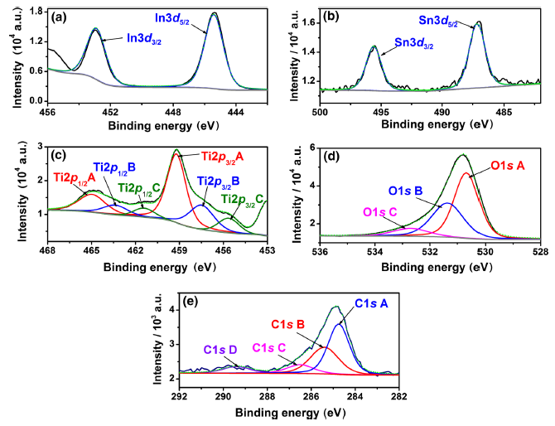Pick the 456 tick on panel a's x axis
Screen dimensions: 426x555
click(47, 110)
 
